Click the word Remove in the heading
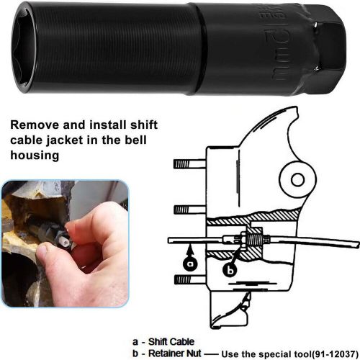click(37, 124)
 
